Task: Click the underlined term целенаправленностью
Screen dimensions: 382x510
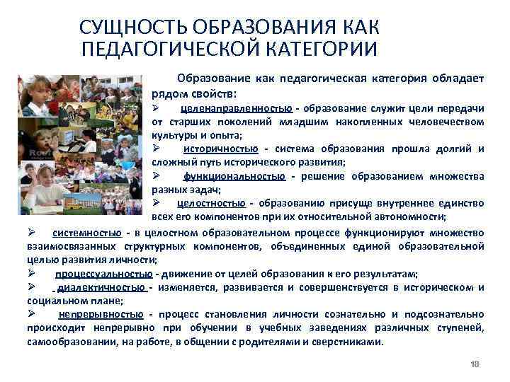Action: tap(236, 108)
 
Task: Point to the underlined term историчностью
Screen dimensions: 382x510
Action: tap(220, 149)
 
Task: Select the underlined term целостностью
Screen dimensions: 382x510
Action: tap(211, 203)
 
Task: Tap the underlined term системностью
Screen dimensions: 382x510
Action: tap(86, 233)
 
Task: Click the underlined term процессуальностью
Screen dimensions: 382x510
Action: tap(103, 274)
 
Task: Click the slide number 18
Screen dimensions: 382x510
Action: tap(475, 364)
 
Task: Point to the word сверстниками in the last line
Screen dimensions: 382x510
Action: tap(346, 342)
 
